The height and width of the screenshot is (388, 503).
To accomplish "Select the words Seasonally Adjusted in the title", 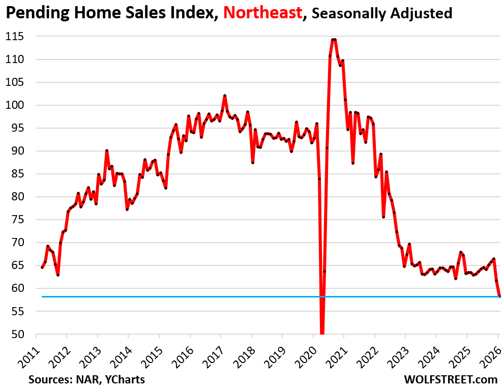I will [x=382, y=13].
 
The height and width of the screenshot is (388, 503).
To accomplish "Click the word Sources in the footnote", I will [x=46, y=379].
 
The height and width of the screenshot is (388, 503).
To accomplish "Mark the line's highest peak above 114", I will [x=334, y=39].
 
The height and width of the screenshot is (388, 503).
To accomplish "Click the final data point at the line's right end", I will [x=499, y=296].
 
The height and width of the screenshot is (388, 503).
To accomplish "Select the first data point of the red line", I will [x=42, y=267].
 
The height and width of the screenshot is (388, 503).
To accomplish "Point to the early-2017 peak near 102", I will [x=225, y=96].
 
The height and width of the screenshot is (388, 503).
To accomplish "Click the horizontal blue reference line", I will [x=203, y=296].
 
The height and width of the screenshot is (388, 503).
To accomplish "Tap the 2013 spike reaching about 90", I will [x=107, y=151].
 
